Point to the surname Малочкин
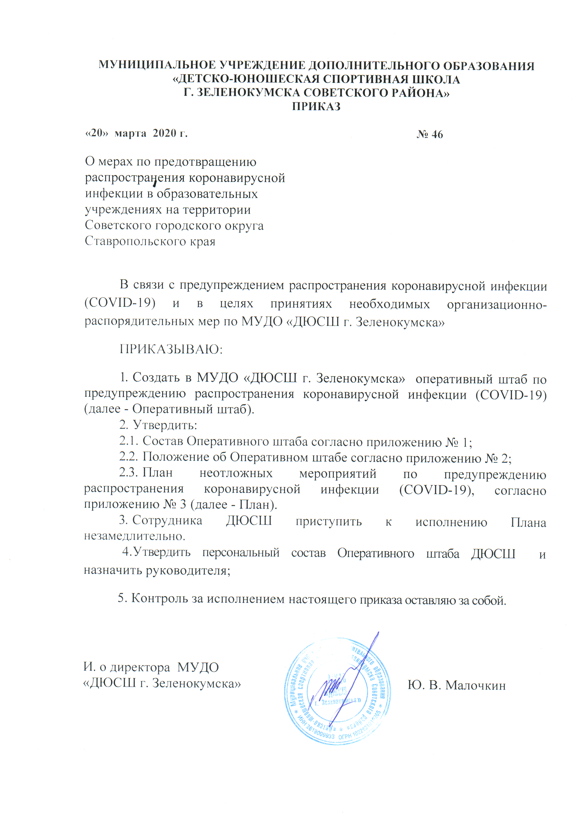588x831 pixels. [475, 685]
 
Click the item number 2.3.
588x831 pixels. [129, 473]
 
